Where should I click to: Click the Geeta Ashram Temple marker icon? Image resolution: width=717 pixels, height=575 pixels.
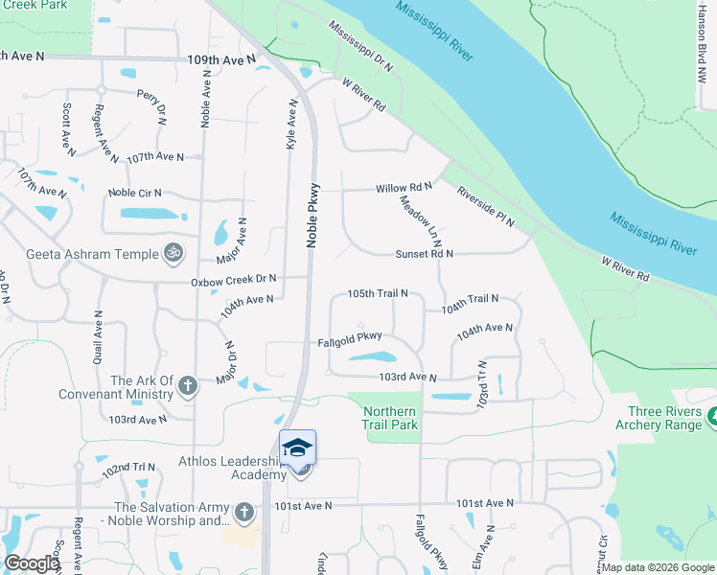[x=173, y=253]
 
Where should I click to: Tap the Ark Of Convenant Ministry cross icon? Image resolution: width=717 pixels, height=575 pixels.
[x=188, y=386]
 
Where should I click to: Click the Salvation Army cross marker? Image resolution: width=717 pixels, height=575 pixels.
[x=244, y=513]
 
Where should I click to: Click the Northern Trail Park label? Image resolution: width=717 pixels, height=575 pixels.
[x=390, y=418]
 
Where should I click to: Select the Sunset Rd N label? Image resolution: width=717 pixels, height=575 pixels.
[x=424, y=254]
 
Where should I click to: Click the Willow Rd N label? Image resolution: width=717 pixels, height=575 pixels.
[x=404, y=187]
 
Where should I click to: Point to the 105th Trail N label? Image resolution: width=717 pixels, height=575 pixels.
[x=378, y=293]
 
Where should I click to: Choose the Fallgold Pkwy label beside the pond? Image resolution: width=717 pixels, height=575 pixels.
[x=351, y=337]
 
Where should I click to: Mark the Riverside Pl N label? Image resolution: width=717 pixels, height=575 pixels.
[x=485, y=206]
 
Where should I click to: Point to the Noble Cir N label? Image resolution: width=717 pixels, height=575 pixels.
[x=135, y=193]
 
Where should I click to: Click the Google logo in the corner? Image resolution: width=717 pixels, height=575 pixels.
[x=31, y=563]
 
